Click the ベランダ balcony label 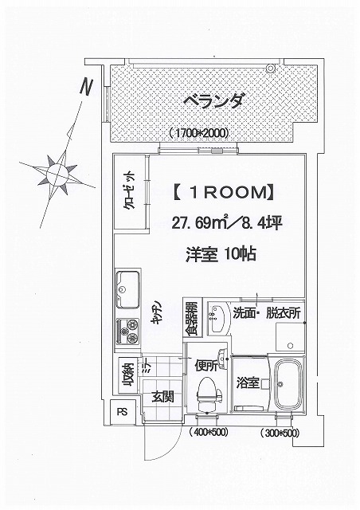pos(213,100)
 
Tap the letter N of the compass pos(86,87)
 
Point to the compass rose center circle pos(57,174)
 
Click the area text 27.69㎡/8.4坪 pos(226,223)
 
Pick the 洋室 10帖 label pos(221,254)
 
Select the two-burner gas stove pos(128,331)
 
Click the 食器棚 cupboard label pos(192,318)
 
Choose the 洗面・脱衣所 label pos(267,313)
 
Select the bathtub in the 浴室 pos(288,385)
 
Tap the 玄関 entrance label pos(163,397)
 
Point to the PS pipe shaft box pos(123,412)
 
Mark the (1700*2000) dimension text pos(198,133)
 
